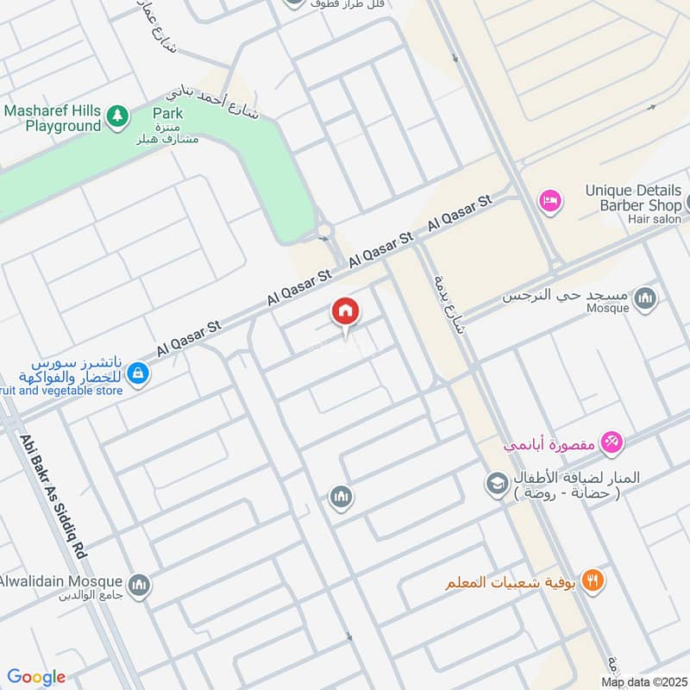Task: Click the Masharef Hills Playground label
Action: tap(52, 118)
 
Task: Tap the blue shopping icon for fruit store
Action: tap(137, 373)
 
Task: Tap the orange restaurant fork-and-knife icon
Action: tap(592, 580)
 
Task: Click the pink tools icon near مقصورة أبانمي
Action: tap(612, 442)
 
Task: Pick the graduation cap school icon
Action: tap(497, 484)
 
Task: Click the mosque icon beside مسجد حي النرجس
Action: tap(644, 299)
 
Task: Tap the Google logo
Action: tap(36, 676)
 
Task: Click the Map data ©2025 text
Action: tap(643, 682)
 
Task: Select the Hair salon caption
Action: tap(655, 220)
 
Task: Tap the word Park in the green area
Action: tap(167, 113)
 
